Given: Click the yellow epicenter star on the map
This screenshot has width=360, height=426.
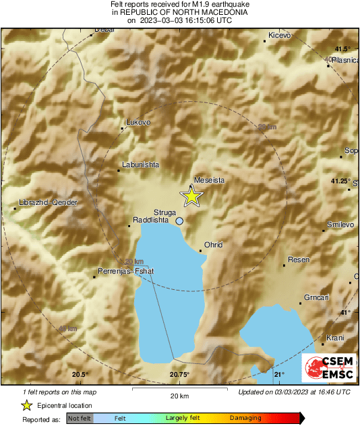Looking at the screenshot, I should (192, 196).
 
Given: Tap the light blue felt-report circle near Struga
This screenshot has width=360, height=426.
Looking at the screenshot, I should (179, 220).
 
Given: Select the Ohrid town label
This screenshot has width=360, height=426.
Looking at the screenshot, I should (213, 245).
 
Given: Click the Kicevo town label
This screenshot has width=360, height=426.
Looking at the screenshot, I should (279, 34).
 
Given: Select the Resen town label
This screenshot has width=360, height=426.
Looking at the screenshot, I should (297, 260).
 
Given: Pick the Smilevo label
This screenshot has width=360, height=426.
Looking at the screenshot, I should (340, 224).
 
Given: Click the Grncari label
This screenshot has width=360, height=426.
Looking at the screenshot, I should (316, 297).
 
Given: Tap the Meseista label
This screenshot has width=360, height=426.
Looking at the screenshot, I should (209, 180).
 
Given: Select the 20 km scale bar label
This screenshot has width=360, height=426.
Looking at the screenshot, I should (179, 396).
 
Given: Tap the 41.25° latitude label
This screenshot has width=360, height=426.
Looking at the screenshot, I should (340, 181).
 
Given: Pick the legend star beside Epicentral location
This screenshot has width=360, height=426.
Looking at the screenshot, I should (26, 406).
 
